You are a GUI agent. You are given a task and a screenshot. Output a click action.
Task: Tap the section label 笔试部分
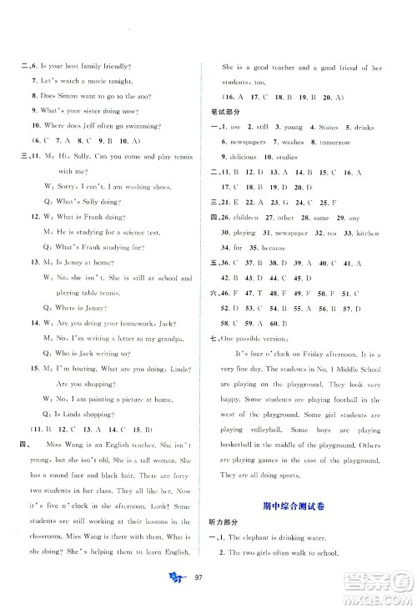(224, 111)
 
